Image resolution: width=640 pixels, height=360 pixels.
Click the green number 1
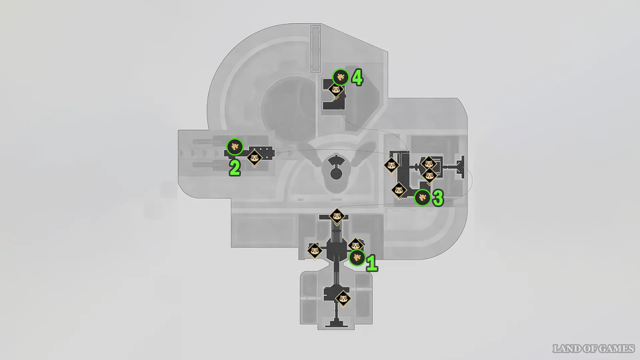[372, 263]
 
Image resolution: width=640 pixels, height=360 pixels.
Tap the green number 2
[235, 168]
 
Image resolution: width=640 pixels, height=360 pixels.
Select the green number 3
[438, 198]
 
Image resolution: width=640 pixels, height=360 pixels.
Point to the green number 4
[357, 78]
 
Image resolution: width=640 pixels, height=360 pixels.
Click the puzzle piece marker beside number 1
[357, 258]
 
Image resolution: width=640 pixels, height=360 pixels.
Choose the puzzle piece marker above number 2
[235, 147]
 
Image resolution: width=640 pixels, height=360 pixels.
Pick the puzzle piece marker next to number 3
[422, 198]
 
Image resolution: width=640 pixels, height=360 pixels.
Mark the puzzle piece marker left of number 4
[340, 77]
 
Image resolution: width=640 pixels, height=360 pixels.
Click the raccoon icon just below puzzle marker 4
[336, 90]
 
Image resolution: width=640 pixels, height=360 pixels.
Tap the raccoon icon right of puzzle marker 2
[254, 157]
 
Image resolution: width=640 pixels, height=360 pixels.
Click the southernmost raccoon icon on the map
[343, 299]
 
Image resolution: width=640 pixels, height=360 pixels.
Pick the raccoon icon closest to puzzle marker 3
[399, 190]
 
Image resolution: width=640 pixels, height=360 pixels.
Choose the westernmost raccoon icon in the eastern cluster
[391, 165]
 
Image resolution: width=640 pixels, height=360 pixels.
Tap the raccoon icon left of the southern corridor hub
[314, 250]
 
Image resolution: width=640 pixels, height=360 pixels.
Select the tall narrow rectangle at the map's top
[315, 48]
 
